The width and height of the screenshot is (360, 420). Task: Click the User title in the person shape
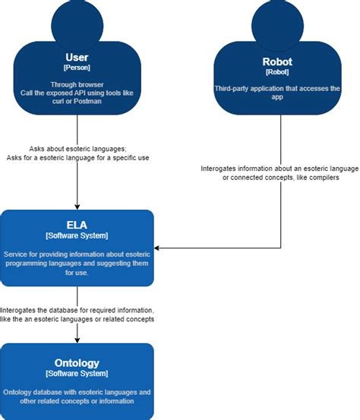click(77, 58)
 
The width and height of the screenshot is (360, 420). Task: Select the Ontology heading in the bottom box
click(77, 363)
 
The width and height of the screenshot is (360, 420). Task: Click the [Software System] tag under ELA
click(77, 236)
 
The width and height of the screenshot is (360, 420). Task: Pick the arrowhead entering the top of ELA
click(77, 205)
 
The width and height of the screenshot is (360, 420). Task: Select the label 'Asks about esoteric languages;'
click(77, 150)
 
